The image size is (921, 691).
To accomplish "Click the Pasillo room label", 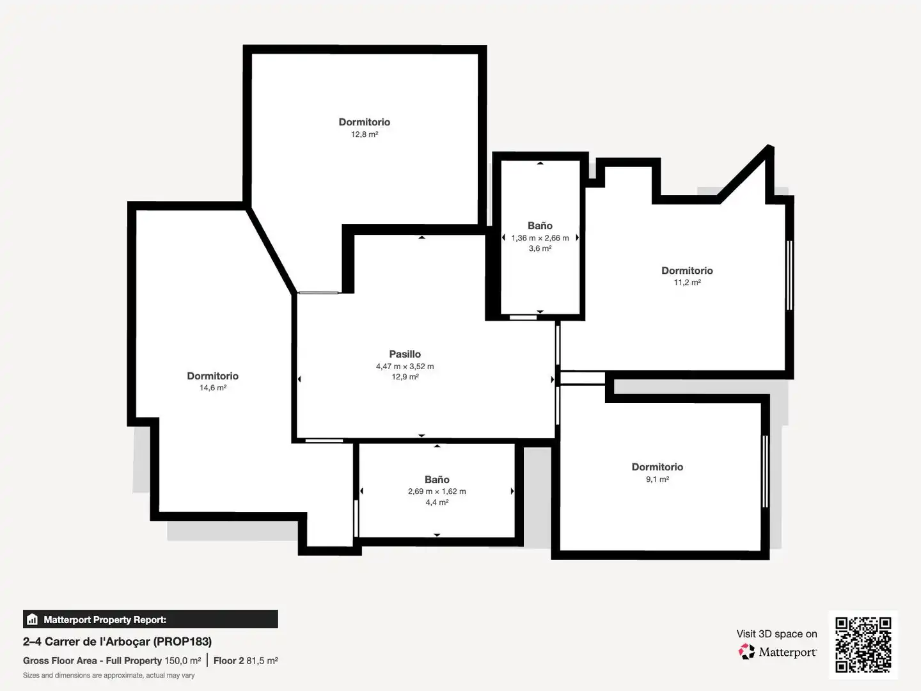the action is click(405, 354).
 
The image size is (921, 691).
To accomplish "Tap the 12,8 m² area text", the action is click(365, 134).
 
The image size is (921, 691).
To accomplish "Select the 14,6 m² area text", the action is click(213, 388).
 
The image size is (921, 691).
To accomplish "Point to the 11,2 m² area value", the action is click(688, 282).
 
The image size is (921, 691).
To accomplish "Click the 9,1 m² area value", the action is click(657, 479).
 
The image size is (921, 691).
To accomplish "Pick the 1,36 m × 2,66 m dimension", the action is click(540, 238).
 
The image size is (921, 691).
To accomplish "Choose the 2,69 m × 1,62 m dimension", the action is click(437, 491).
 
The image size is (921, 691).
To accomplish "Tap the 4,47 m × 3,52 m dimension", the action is click(405, 366).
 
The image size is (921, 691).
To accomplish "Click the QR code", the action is click(863, 645).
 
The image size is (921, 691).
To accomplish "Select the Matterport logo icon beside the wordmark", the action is click(746, 651).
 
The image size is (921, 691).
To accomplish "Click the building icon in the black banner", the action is click(33, 619).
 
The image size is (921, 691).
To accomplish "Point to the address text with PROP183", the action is click(117, 642).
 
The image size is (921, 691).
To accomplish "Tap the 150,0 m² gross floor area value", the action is click(182, 661).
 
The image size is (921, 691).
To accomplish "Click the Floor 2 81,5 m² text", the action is click(246, 661).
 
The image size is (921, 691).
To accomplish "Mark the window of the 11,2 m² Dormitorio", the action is click(789, 275).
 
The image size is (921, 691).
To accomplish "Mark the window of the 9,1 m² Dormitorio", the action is click(765, 471).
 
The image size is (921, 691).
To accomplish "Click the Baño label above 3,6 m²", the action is click(540, 226).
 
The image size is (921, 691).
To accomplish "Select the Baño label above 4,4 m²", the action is click(437, 480).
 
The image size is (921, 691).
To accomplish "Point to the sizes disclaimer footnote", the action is click(109, 676).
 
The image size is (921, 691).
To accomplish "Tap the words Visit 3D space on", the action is click(776, 634).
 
